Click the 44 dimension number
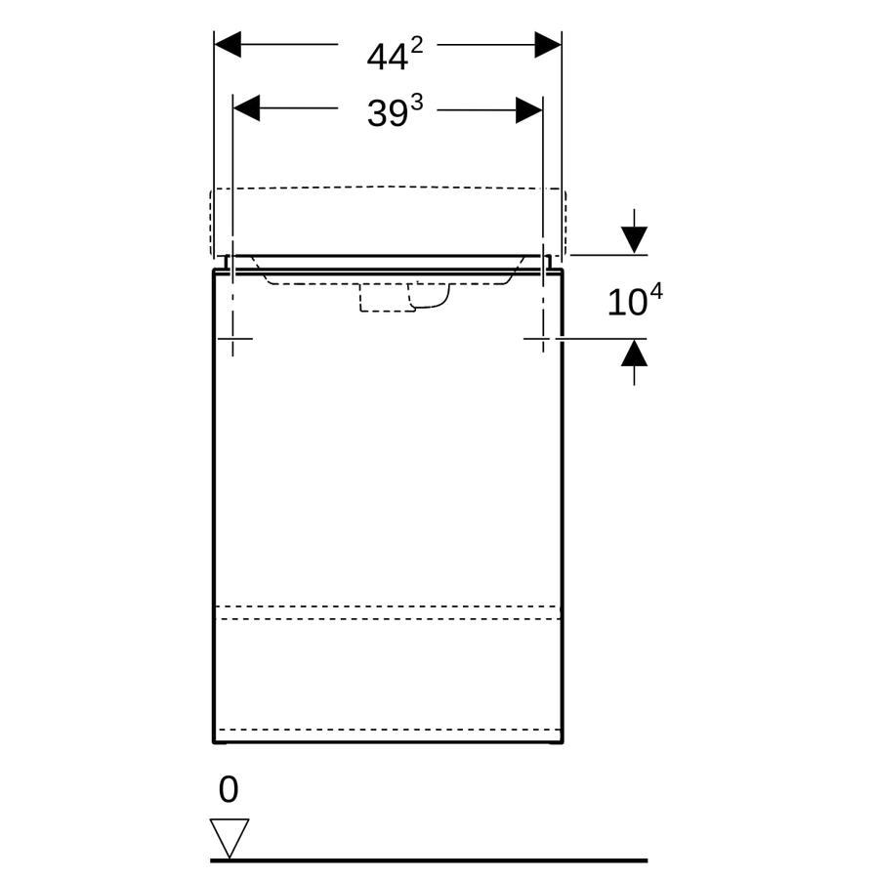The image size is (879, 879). pos(387,58)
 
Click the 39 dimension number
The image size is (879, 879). pos(387,113)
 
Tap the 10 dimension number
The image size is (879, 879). pos(627,303)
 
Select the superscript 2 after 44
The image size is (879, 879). pos(416,45)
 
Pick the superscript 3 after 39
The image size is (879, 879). pos(416,103)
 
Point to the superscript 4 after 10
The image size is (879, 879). pos(656,292)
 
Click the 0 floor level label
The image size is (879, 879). pos(229,790)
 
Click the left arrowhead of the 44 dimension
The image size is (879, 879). pos(228,44)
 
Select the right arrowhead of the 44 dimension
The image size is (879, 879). pos(548,44)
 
